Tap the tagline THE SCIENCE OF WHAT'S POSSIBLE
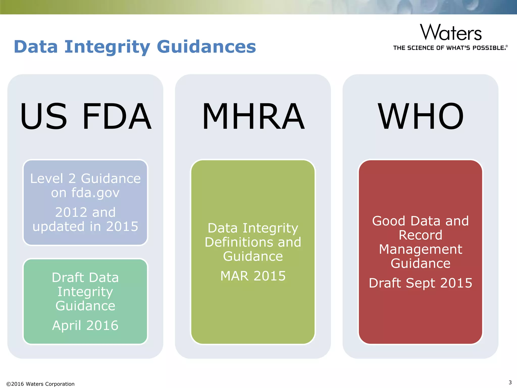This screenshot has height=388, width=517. pyautogui.click(x=450, y=48)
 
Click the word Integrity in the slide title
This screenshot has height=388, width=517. pyautogui.click(x=107, y=47)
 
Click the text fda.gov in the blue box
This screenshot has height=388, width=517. pyautogui.click(x=95, y=193)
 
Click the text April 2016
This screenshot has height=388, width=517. pyautogui.click(x=85, y=325)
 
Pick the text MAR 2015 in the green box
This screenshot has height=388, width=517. pyautogui.click(x=253, y=276)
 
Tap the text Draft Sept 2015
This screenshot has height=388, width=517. pyautogui.click(x=420, y=283)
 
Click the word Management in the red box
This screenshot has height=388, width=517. pyautogui.click(x=421, y=249)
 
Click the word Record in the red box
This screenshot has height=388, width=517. pyautogui.click(x=421, y=235)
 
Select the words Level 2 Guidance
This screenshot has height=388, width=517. pyautogui.click(x=85, y=179)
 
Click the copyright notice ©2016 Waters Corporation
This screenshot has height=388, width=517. pyautogui.click(x=40, y=384)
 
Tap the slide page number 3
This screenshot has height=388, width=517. pyautogui.click(x=510, y=382)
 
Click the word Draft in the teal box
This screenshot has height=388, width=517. pyautogui.click(x=67, y=277)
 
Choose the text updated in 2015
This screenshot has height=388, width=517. pyautogui.click(x=85, y=226)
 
